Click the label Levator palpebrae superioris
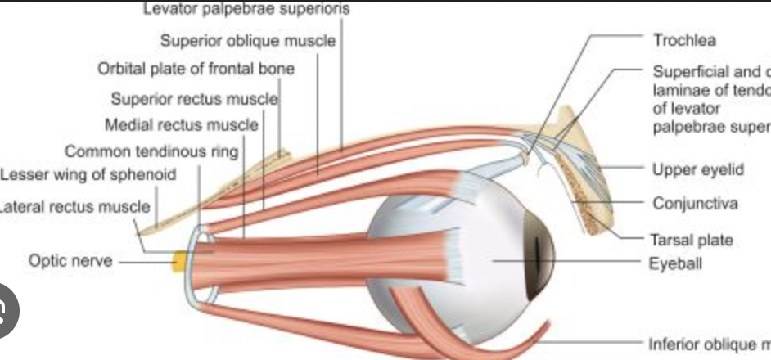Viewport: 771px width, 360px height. (x=246, y=10)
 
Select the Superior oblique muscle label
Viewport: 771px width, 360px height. (x=247, y=41)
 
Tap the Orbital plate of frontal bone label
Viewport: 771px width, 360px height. (x=196, y=69)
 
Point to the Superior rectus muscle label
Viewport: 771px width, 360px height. (x=195, y=100)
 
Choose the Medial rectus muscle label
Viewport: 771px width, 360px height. (x=181, y=126)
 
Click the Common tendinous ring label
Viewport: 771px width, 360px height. (x=151, y=151)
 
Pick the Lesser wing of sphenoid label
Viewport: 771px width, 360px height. (x=88, y=175)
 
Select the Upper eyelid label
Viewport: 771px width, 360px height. (x=697, y=169)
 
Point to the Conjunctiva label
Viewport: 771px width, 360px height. (x=695, y=203)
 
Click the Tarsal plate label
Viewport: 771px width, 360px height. (x=692, y=240)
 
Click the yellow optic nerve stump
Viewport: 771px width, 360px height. (x=177, y=262)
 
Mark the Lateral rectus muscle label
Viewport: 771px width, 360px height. (x=74, y=206)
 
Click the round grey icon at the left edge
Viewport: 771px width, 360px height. (x=7, y=310)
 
